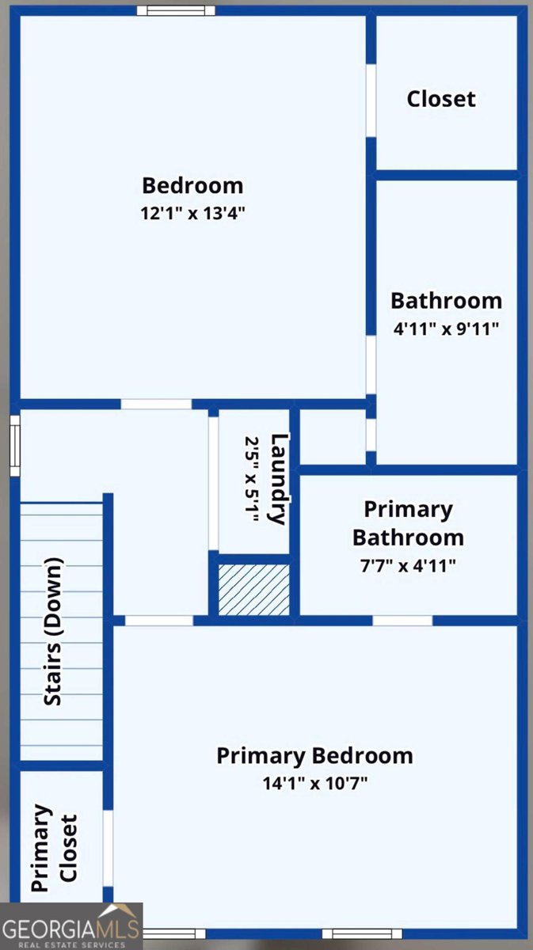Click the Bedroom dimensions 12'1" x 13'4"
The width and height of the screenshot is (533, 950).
(x=193, y=213)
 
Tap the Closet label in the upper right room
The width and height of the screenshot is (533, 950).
(x=441, y=99)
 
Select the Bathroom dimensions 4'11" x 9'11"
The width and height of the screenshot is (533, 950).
(x=446, y=329)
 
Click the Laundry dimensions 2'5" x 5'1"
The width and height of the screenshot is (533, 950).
(x=252, y=479)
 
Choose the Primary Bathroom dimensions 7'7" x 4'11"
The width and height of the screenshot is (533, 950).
(x=408, y=566)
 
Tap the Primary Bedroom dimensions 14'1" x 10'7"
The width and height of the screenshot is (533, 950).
(x=315, y=783)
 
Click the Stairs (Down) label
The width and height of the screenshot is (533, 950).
(x=54, y=633)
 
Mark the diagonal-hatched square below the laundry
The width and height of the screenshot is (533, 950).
(x=253, y=590)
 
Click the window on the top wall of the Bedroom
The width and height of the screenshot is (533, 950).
(x=176, y=10)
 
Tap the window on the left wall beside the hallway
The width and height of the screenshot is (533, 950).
(x=15, y=446)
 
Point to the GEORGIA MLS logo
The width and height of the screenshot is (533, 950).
(x=71, y=926)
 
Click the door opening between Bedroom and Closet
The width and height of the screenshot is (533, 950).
(x=371, y=101)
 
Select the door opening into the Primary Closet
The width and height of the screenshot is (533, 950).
(x=109, y=849)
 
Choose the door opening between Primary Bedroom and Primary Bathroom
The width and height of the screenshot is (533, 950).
(x=403, y=621)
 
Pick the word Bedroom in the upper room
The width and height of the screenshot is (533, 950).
(x=192, y=186)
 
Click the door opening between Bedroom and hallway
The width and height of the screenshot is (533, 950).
(x=156, y=405)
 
